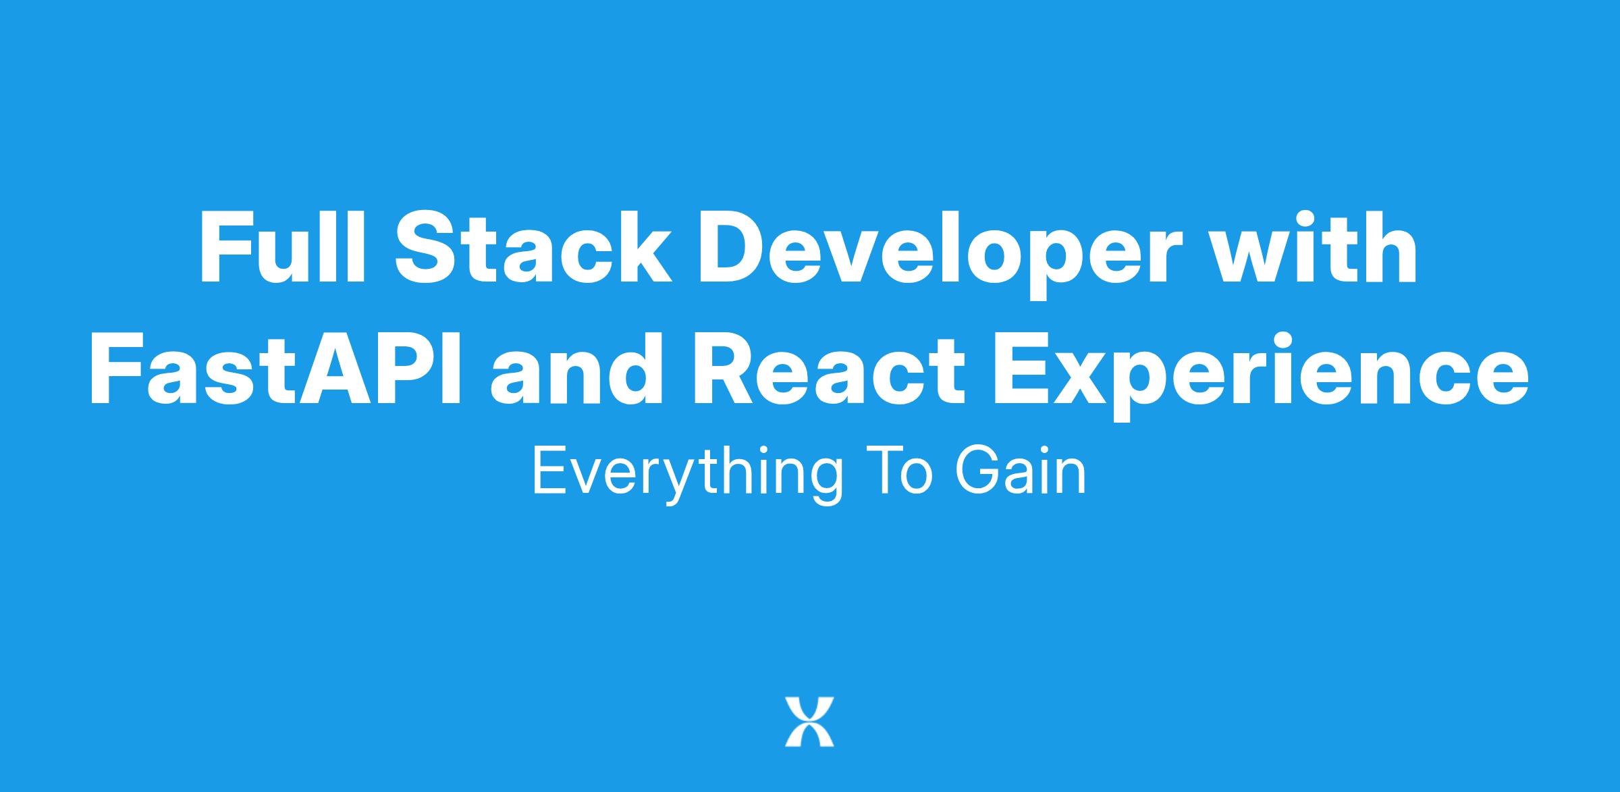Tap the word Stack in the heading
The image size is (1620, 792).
point(534,248)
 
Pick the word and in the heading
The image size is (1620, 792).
point(576,369)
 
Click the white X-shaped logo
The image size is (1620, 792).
point(809,722)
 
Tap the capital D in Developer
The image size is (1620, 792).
point(733,248)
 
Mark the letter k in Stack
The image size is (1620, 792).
point(645,248)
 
